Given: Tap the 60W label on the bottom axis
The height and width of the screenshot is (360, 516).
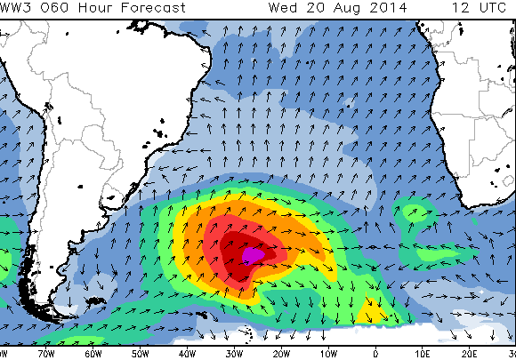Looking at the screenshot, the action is pyautogui.click(x=94, y=353).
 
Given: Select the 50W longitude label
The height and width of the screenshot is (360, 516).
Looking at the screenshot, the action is pyautogui.click(x=141, y=353).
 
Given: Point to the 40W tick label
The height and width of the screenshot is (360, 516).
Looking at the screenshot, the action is pyautogui.click(x=188, y=353).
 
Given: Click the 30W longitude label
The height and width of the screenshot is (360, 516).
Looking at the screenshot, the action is pyautogui.click(x=235, y=353).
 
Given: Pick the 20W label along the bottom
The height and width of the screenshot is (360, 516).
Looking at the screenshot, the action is pyautogui.click(x=281, y=353).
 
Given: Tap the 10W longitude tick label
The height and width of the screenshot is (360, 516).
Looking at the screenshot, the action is pyautogui.click(x=328, y=353).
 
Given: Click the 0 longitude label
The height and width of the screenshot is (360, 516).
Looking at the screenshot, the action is pyautogui.click(x=375, y=353).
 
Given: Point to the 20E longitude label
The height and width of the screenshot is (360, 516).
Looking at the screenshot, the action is pyautogui.click(x=469, y=353).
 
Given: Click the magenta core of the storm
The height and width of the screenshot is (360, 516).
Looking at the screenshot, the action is pyautogui.click(x=254, y=255).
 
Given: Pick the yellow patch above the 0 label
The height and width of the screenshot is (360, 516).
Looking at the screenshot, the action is pyautogui.click(x=371, y=314).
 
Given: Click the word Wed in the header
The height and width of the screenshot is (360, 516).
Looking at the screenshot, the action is pyautogui.click(x=282, y=8).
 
